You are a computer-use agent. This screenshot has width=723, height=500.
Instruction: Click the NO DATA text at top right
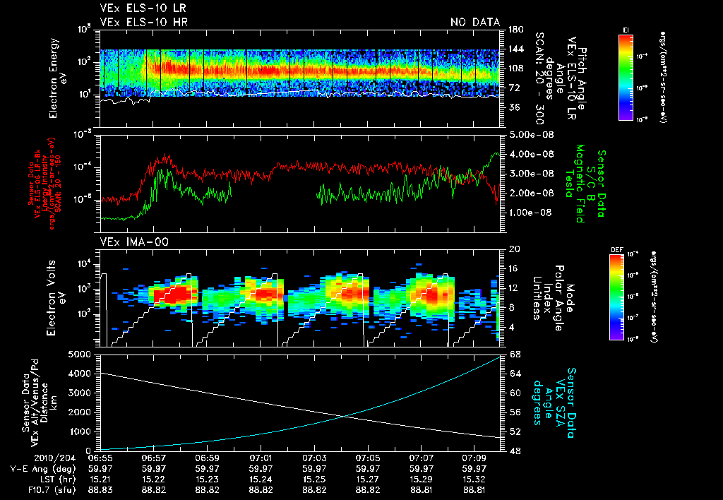pyautogui.click(x=475, y=23)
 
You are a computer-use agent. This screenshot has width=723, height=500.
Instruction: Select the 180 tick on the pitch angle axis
pyautogui.click(x=515, y=29)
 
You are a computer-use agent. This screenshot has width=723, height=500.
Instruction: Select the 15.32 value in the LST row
pyautogui.click(x=474, y=478)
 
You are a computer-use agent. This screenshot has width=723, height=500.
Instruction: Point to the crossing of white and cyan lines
pyautogui.click(x=345, y=416)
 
